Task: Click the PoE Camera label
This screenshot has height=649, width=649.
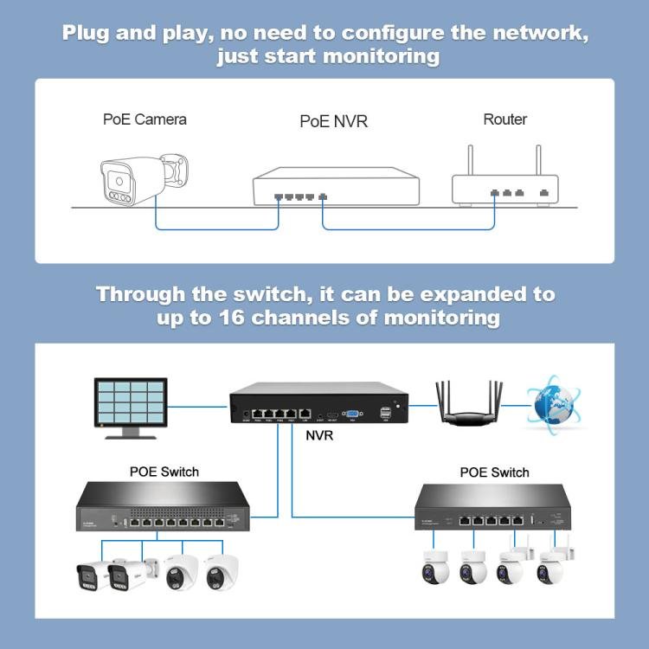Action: point(145,119)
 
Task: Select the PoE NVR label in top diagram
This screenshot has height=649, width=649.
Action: point(333,121)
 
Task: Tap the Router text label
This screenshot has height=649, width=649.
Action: point(504,119)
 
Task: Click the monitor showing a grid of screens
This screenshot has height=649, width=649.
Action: point(132,407)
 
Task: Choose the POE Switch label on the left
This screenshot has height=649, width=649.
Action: point(164,472)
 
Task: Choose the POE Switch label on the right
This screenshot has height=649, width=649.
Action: point(493,472)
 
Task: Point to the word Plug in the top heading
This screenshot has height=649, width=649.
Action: point(90,34)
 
